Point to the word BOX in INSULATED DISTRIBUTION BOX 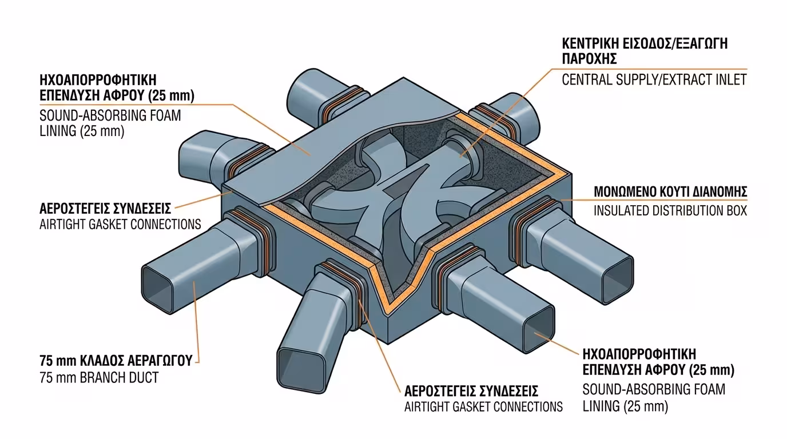(733, 210)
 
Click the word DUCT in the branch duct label (142, 378)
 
